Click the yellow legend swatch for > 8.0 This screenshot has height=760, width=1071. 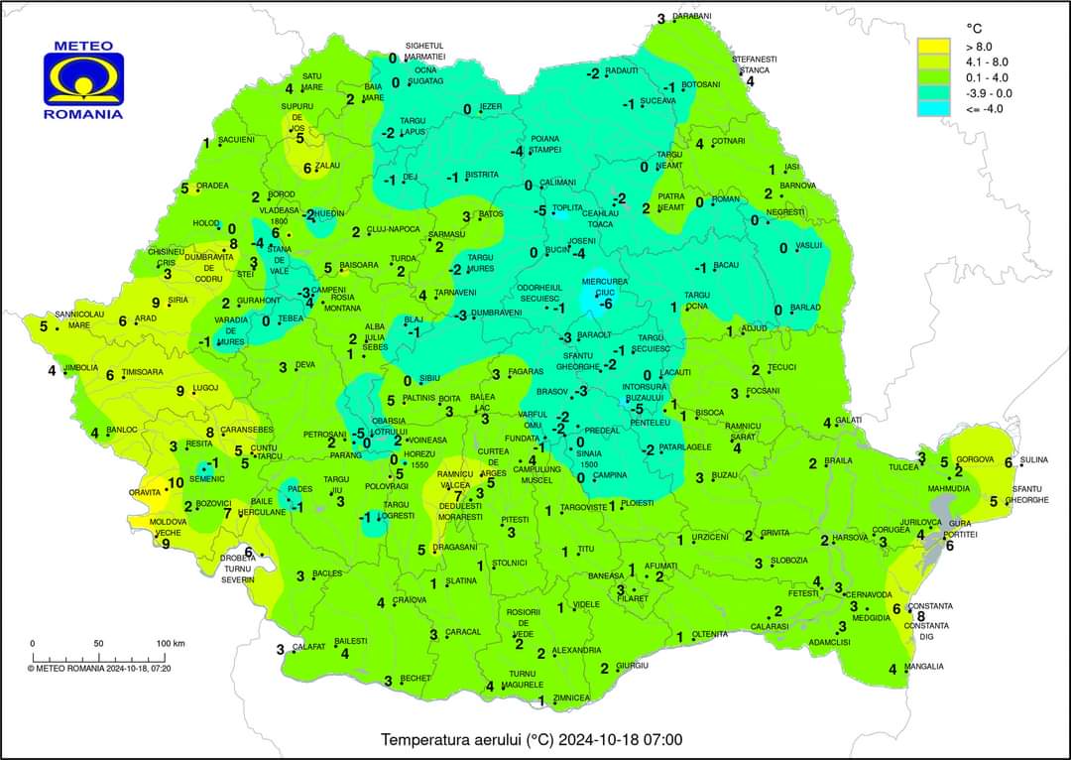pyautogui.click(x=933, y=46)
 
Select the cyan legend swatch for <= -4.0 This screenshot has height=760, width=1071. pyautogui.click(x=933, y=108)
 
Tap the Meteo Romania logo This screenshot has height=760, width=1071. pyautogui.click(x=83, y=79)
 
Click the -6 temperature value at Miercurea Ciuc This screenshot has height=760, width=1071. pyautogui.click(x=607, y=304)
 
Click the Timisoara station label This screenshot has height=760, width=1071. pyautogui.click(x=143, y=373)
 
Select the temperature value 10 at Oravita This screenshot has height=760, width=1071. pyautogui.click(x=176, y=483)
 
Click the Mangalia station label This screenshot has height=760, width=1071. pyautogui.click(x=924, y=667)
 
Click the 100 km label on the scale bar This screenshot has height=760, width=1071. pyautogui.click(x=171, y=644)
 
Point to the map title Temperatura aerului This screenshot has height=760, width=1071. pyautogui.click(x=532, y=739)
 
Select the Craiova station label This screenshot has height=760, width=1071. pyautogui.click(x=409, y=600)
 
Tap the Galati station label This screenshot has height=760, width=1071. pyautogui.click(x=850, y=421)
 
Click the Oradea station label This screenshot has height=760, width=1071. pyautogui.click(x=212, y=186)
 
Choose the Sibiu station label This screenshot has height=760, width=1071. pyautogui.click(x=429, y=378)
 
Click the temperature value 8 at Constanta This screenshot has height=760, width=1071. pyautogui.click(x=921, y=615)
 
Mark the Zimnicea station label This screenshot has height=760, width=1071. pyautogui.click(x=572, y=698)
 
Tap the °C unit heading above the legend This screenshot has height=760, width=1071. pyautogui.click(x=974, y=27)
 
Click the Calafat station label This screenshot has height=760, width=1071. pyautogui.click(x=309, y=647)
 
